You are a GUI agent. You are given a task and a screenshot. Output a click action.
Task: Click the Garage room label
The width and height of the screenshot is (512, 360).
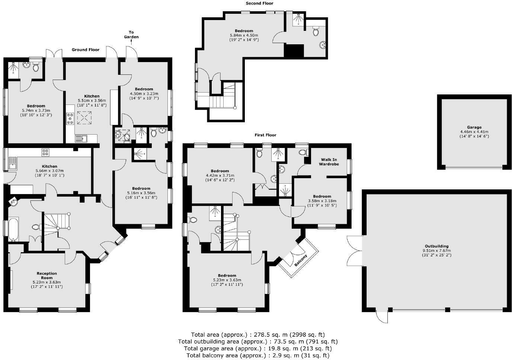tap(474, 127)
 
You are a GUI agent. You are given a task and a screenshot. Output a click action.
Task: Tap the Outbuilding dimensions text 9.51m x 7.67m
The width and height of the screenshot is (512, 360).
tap(436, 251)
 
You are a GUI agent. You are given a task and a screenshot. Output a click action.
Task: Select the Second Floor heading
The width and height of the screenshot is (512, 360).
tap(259, 3)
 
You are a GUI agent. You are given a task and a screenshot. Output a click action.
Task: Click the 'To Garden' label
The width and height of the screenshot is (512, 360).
tap(131, 35)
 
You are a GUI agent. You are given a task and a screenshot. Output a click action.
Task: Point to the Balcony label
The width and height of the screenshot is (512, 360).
tap(301, 260)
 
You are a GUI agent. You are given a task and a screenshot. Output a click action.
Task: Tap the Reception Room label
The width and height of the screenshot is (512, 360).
tap(47, 276)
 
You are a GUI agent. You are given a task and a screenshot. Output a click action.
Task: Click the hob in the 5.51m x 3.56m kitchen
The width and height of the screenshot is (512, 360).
tap(70, 119)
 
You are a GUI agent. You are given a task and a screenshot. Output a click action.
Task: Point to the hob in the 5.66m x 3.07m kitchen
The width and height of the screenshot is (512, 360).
tap(45, 152)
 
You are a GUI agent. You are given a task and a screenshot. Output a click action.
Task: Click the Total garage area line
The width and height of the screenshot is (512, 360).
tap(258, 348)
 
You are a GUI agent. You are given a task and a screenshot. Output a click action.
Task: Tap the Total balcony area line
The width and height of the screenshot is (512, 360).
tap(258, 356)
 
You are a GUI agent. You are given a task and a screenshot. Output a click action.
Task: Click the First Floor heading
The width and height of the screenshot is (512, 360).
tap(265, 135)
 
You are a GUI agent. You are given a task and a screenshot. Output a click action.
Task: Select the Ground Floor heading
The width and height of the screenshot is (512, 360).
tap(86, 49)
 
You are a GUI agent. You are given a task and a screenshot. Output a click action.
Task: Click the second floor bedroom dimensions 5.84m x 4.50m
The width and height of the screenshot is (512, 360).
tap(244, 35)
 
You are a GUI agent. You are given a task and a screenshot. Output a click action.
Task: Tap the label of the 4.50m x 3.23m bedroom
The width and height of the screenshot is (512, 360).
tap(144, 89)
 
